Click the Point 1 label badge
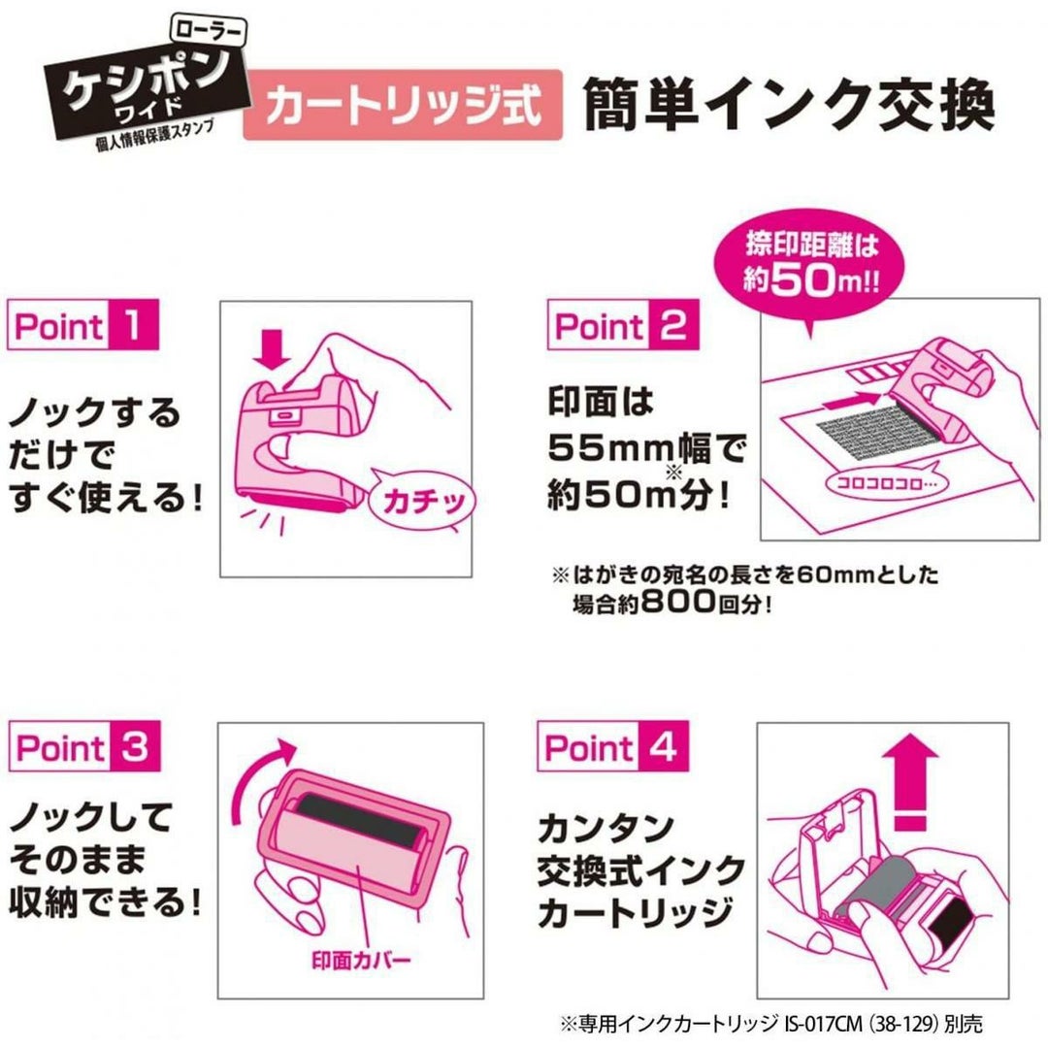(82, 325)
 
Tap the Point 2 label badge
(623, 325)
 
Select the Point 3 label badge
(84, 746)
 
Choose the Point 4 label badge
(613, 746)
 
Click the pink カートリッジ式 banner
(403, 105)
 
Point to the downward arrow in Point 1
(272, 347)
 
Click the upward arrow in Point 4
(910, 780)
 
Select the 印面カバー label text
(361, 961)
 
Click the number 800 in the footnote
(678, 602)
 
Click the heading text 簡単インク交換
(789, 105)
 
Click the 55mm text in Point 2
(609, 447)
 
